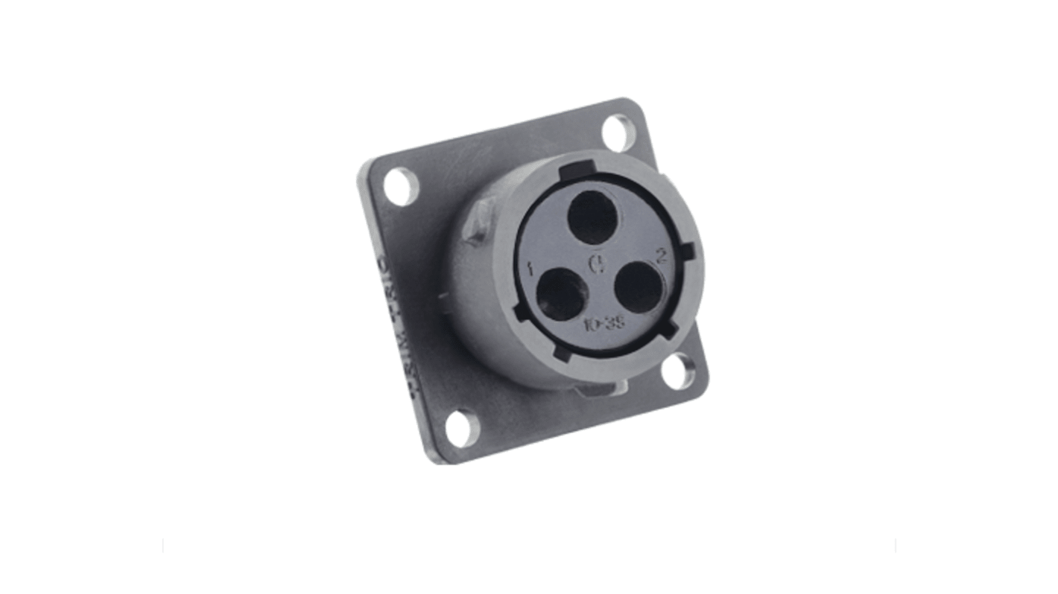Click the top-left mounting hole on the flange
[402, 187]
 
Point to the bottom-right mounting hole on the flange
[677, 371]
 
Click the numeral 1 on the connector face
[530, 270]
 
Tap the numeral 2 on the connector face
[660, 257]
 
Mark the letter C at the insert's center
[596, 263]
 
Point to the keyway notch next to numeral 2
[689, 250]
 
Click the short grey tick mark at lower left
[163, 546]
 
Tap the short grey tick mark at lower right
[895, 546]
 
